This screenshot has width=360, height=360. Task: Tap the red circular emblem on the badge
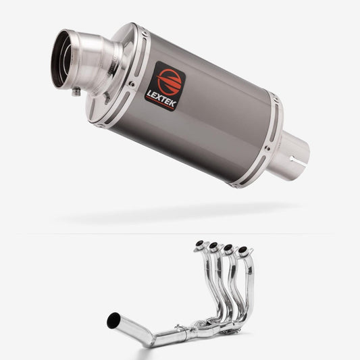click(x=169, y=81)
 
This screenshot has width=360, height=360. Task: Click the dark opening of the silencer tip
click(x=61, y=59)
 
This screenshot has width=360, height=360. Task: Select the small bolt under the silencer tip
click(x=76, y=92)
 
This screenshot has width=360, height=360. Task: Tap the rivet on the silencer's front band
click(x=132, y=84)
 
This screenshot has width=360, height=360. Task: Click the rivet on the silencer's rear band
click(x=267, y=149)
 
